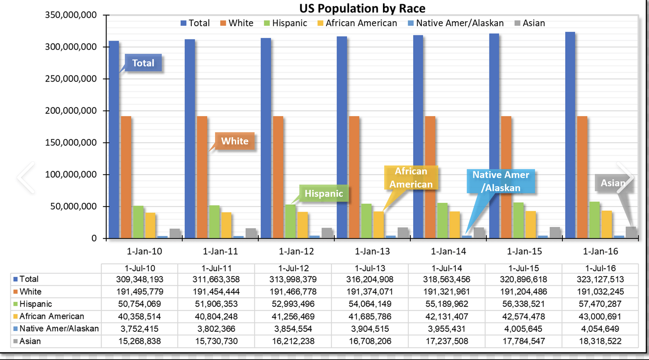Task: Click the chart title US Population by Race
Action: [363, 8]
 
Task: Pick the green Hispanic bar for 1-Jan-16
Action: [594, 220]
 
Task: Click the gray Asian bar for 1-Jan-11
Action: [251, 233]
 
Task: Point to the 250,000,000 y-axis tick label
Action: [70, 79]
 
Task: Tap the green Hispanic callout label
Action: [324, 193]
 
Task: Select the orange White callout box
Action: [235, 141]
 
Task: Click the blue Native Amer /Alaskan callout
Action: [501, 181]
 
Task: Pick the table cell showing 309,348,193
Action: [140, 280]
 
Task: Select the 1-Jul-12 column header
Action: [293, 268]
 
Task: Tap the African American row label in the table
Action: [52, 316]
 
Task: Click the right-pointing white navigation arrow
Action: [626, 178]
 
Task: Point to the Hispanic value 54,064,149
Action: [369, 304]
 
